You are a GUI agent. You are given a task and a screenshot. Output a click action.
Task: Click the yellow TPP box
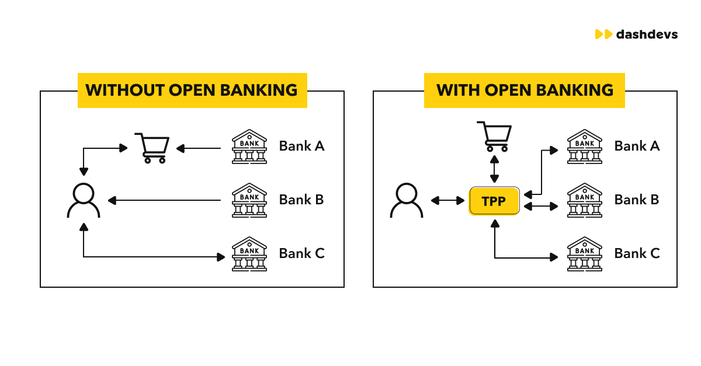click(494, 201)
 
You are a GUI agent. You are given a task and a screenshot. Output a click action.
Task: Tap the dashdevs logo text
click(647, 34)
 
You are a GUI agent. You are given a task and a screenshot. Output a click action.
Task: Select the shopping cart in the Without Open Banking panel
click(152, 148)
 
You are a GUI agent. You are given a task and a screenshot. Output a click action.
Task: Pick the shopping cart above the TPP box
click(494, 136)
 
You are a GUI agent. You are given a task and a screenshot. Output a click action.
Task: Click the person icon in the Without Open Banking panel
click(84, 200)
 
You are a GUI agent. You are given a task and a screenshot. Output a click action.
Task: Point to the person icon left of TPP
click(406, 200)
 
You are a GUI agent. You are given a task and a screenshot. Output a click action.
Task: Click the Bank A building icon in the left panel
click(249, 147)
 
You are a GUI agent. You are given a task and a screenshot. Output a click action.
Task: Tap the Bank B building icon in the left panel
click(249, 200)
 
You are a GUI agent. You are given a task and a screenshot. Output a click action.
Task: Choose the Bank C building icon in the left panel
click(249, 254)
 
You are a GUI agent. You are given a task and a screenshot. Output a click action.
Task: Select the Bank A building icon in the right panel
click(585, 147)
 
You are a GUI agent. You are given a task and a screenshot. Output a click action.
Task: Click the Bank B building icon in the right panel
click(585, 200)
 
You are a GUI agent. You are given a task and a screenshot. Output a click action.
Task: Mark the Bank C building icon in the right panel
click(585, 254)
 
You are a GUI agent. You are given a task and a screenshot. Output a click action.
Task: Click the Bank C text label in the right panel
click(637, 253)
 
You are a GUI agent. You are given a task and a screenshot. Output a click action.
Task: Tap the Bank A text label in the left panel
click(301, 146)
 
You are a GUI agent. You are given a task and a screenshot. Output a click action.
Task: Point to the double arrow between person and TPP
click(447, 201)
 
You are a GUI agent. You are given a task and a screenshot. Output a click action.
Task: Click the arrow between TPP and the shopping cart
click(495, 170)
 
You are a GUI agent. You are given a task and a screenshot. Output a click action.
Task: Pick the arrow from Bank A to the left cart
click(199, 149)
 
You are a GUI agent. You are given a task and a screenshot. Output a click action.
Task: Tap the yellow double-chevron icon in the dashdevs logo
click(603, 34)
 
